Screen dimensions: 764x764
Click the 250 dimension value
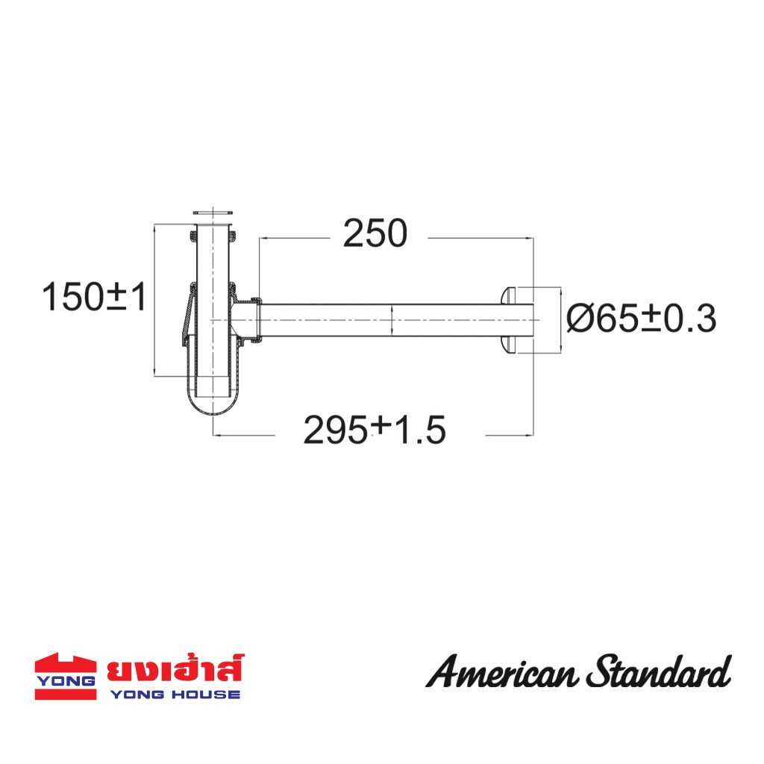(375, 234)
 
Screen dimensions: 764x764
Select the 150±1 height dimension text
(94, 297)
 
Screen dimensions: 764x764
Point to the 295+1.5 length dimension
(375, 430)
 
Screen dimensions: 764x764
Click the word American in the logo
(502, 672)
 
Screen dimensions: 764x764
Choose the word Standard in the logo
(659, 671)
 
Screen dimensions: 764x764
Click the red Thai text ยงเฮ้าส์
(175, 668)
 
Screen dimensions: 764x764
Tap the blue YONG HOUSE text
(175, 695)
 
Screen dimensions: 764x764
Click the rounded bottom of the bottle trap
(213, 407)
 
